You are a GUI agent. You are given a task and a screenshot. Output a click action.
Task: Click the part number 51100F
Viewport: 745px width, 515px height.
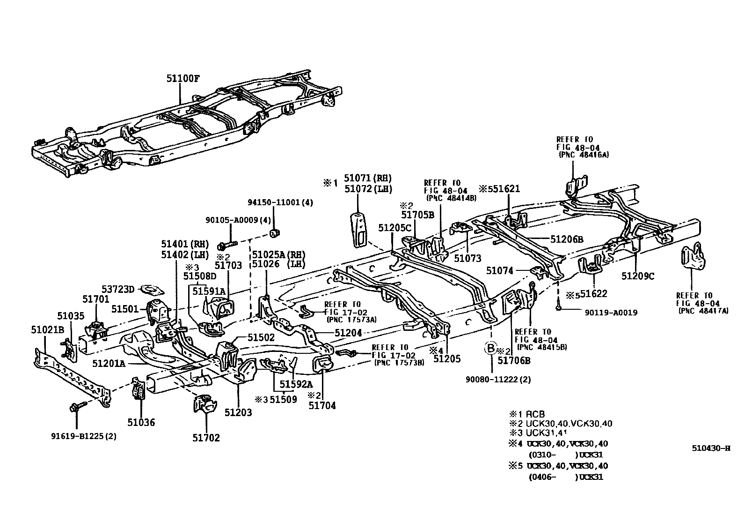183,78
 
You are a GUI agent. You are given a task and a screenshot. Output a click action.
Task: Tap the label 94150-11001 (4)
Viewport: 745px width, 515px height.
280,202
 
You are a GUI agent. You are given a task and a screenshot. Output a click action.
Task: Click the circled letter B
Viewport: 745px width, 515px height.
490,348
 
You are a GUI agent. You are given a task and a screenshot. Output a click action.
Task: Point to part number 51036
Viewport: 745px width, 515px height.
141,422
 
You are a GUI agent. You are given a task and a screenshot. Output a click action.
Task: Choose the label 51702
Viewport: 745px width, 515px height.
205,438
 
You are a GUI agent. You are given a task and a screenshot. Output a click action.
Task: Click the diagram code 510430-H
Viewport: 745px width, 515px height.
711,448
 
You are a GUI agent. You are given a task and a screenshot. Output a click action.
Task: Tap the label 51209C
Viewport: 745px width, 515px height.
638,276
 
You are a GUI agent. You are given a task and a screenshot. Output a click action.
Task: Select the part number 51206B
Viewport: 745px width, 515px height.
567,239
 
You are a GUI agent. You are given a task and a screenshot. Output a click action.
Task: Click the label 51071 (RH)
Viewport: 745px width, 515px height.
367,178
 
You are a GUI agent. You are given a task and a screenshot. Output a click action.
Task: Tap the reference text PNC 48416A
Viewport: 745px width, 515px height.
584,155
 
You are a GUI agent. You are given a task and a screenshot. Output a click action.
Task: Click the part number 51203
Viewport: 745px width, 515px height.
238,412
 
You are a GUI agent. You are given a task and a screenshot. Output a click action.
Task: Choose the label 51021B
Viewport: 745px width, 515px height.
47,330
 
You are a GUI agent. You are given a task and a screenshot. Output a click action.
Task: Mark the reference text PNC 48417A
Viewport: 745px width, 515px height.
703,311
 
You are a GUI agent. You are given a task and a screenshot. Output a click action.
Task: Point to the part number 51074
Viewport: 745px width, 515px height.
500,271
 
